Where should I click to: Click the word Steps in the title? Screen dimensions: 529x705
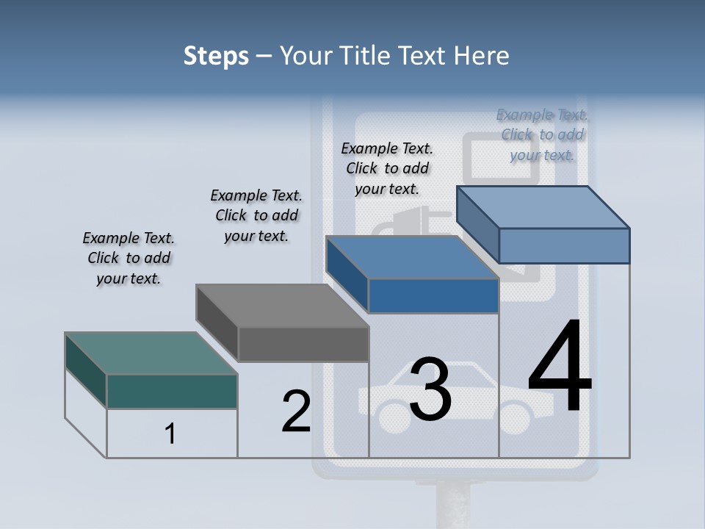pyautogui.click(x=216, y=56)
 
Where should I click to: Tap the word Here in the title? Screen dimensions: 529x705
pyautogui.click(x=480, y=56)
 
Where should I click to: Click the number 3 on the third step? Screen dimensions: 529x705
pyautogui.click(x=430, y=389)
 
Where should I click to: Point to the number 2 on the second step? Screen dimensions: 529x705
pyautogui.click(x=296, y=411)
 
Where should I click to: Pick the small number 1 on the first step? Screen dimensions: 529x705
pyautogui.click(x=170, y=433)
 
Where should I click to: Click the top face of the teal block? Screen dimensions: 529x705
pyautogui.click(x=151, y=353)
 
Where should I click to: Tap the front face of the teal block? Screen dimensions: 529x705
pyautogui.click(x=172, y=391)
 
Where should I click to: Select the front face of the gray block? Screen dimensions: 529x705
pyautogui.click(x=303, y=344)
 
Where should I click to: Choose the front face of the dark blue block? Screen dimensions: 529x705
pyautogui.click(x=433, y=295)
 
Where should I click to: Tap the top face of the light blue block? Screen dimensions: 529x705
pyautogui.click(x=543, y=207)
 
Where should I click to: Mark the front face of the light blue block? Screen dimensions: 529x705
pyautogui.click(x=564, y=245)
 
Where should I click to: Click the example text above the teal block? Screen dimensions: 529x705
pyautogui.click(x=129, y=258)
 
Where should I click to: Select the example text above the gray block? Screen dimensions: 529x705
pyautogui.click(x=256, y=215)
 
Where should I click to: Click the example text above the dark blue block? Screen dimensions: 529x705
pyautogui.click(x=387, y=168)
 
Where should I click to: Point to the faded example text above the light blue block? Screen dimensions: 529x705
pyautogui.click(x=542, y=134)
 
